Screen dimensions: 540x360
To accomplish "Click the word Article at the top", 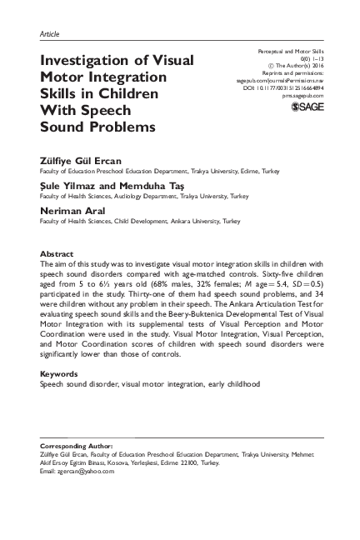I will click(x=49, y=34).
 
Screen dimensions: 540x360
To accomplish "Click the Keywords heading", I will click(x=59, y=374).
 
